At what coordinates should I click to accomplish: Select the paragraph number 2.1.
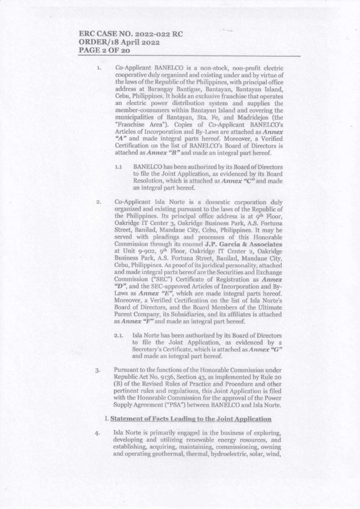click(118, 336)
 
